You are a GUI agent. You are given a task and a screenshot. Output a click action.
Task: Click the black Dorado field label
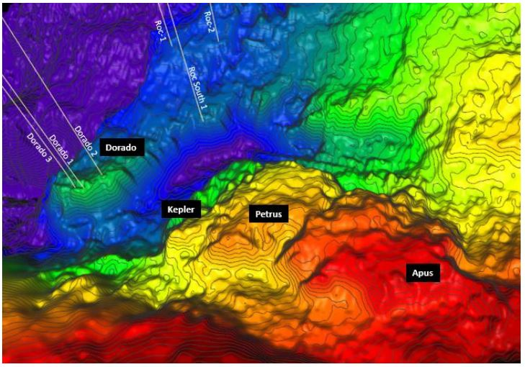pos(122,148)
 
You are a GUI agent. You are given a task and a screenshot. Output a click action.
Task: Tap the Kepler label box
pos(181,209)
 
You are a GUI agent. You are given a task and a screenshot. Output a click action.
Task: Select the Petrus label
pos(269,214)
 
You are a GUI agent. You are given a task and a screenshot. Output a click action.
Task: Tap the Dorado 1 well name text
pos(61,148)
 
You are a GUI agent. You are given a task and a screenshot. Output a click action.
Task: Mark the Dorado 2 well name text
pos(85,140)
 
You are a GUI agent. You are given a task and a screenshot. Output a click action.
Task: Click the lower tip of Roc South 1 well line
pos(203,121)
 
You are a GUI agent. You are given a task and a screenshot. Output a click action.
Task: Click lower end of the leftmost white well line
pos(72,185)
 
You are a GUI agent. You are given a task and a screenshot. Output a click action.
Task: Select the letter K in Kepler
pos(170,209)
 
